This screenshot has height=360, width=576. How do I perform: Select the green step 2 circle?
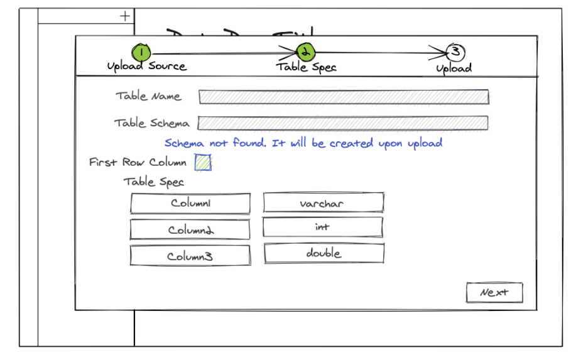coord(305,52)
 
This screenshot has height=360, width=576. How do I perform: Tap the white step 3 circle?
coord(455,52)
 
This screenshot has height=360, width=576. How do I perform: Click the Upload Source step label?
coord(147,66)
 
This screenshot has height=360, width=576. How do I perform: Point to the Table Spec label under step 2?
coord(307,67)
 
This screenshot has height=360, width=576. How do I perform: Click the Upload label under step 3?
coord(454,68)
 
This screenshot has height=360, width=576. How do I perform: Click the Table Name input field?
coord(344,97)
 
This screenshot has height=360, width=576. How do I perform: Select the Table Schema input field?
coord(343,123)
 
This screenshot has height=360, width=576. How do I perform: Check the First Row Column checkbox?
coord(203,163)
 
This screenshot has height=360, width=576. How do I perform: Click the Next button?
coord(494,293)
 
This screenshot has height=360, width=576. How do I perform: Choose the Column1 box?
coord(190,204)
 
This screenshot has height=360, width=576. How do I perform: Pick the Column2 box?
coord(190,229)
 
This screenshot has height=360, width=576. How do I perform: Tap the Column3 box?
coord(190,256)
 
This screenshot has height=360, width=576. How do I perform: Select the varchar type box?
coord(323,203)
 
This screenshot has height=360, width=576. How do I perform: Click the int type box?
coord(323,227)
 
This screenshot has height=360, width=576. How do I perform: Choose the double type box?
coord(323,253)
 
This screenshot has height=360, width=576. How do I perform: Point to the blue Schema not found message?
coord(303,143)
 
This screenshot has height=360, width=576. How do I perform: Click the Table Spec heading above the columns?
coord(154,182)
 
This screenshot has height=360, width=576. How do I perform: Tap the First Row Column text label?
coord(138,162)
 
